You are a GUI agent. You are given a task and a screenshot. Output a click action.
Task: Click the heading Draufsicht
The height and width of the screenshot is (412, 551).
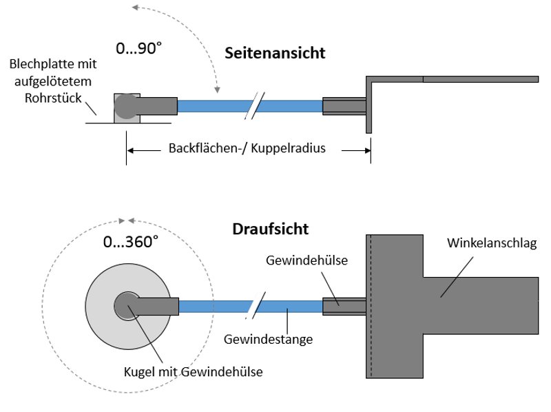(270, 228)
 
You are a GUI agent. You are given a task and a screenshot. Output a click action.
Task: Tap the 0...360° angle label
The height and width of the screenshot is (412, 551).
(131, 242)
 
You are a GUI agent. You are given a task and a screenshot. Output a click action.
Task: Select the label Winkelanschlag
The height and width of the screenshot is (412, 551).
(490, 243)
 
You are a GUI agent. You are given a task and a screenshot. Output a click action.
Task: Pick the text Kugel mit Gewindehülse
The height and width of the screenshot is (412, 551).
(193, 372)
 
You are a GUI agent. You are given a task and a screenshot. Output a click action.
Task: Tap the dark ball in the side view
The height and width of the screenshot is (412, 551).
(126, 106)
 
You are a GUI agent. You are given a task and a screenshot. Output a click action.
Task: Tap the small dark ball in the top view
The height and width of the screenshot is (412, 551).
(127, 305)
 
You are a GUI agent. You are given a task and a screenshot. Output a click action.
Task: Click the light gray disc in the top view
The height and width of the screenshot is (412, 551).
(103, 324)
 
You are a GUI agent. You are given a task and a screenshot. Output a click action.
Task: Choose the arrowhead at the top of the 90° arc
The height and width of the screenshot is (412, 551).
(135, 8)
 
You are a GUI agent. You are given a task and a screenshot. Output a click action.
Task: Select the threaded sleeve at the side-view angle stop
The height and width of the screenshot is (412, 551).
(344, 106)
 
